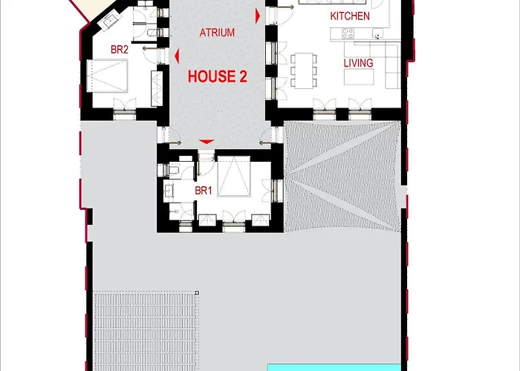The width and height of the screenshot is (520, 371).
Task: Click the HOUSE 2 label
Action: (x=217, y=76)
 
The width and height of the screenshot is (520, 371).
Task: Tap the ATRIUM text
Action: (x=217, y=33)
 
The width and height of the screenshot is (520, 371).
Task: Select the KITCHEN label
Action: (x=350, y=16)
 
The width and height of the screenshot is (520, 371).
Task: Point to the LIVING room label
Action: (x=358, y=63)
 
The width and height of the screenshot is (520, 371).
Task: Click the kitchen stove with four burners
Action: (x=347, y=33)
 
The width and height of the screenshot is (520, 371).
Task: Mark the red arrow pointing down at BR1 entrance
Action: (x=207, y=141)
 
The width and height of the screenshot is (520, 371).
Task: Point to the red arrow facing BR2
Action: (x=177, y=56)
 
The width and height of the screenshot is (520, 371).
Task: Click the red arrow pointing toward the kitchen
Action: (x=258, y=15)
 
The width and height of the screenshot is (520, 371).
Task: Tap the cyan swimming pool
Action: (x=334, y=367)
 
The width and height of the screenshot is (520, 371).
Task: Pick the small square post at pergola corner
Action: (x=197, y=293)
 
